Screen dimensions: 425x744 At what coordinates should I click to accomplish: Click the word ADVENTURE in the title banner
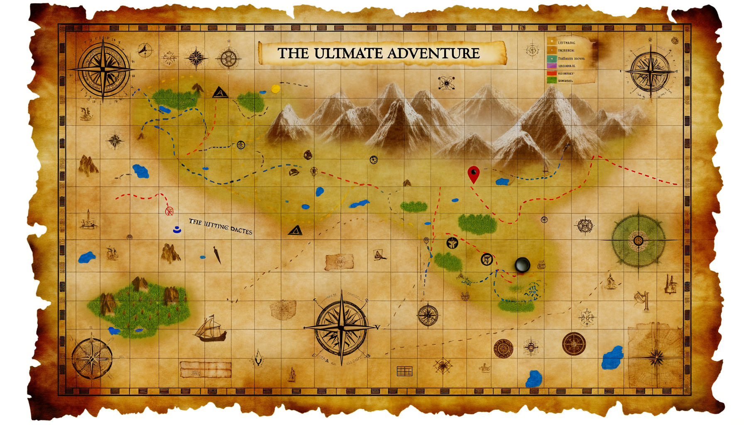[x=433, y=54]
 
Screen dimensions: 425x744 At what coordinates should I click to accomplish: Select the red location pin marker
[x=473, y=173]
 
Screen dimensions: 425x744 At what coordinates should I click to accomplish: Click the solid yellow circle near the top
[x=275, y=88]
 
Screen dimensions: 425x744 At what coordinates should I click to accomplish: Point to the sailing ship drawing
[x=211, y=329]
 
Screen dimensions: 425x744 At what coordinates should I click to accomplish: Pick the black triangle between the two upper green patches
[x=220, y=92]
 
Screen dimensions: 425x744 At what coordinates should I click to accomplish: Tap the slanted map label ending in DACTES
[x=220, y=227]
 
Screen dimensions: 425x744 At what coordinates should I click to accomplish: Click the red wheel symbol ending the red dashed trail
[x=169, y=211]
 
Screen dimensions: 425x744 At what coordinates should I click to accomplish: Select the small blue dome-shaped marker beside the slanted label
[x=177, y=229]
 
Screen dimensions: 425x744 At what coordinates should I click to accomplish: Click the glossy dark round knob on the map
[x=522, y=264]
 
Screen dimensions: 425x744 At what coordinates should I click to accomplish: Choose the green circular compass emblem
[x=638, y=240]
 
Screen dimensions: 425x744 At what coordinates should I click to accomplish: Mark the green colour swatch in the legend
[x=551, y=81]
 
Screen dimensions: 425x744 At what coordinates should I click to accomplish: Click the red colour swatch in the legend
[x=551, y=73]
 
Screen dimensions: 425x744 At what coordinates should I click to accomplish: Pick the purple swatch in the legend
[x=551, y=66]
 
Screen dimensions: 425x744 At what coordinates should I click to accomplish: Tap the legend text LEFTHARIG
[x=567, y=43]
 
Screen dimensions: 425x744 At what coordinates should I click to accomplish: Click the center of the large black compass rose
[x=341, y=327]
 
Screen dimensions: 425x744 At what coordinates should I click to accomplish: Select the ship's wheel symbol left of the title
[x=228, y=58]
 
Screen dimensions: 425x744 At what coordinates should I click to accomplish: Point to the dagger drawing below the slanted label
[x=217, y=255]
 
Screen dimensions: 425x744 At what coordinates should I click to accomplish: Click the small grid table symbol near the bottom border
[x=404, y=371]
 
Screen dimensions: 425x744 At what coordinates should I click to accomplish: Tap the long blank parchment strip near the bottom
[x=206, y=369]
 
